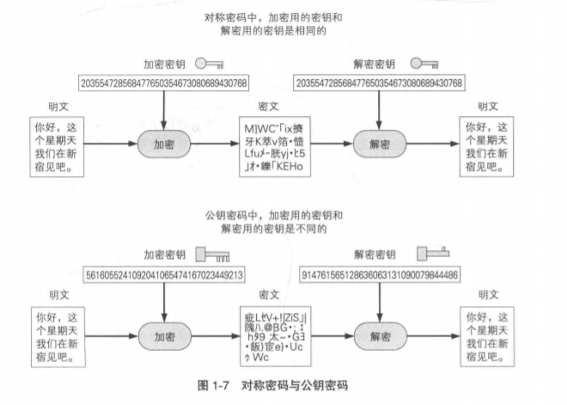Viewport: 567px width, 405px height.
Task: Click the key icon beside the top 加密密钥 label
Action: point(211,64)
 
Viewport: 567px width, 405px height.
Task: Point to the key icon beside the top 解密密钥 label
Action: point(425,64)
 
